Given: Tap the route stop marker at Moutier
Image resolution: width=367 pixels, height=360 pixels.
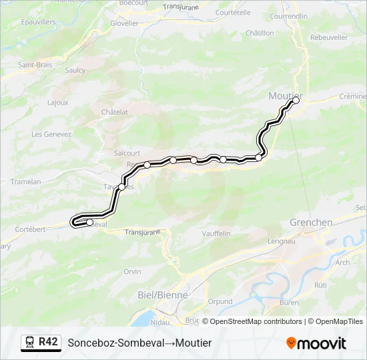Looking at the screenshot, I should point(296,100).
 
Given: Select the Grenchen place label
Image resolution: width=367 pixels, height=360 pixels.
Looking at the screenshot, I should point(311,222).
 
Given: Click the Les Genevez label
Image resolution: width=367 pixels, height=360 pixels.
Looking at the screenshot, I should point(51,134).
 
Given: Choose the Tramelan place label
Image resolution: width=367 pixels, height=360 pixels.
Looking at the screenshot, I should point(27,181).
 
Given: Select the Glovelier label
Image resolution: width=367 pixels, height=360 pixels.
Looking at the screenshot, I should point(125,23).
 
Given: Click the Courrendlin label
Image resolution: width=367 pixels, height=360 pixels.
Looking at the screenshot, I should point(290,15).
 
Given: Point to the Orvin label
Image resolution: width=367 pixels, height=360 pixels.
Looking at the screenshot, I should point(132,271).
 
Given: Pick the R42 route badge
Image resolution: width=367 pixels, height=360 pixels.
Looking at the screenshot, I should point(48,342).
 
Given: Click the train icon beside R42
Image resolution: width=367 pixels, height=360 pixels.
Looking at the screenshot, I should point(29,343).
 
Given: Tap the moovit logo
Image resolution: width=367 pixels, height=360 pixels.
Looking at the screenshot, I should point(316,343).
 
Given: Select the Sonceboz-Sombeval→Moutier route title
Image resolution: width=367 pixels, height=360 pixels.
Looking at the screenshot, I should point(139,343).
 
